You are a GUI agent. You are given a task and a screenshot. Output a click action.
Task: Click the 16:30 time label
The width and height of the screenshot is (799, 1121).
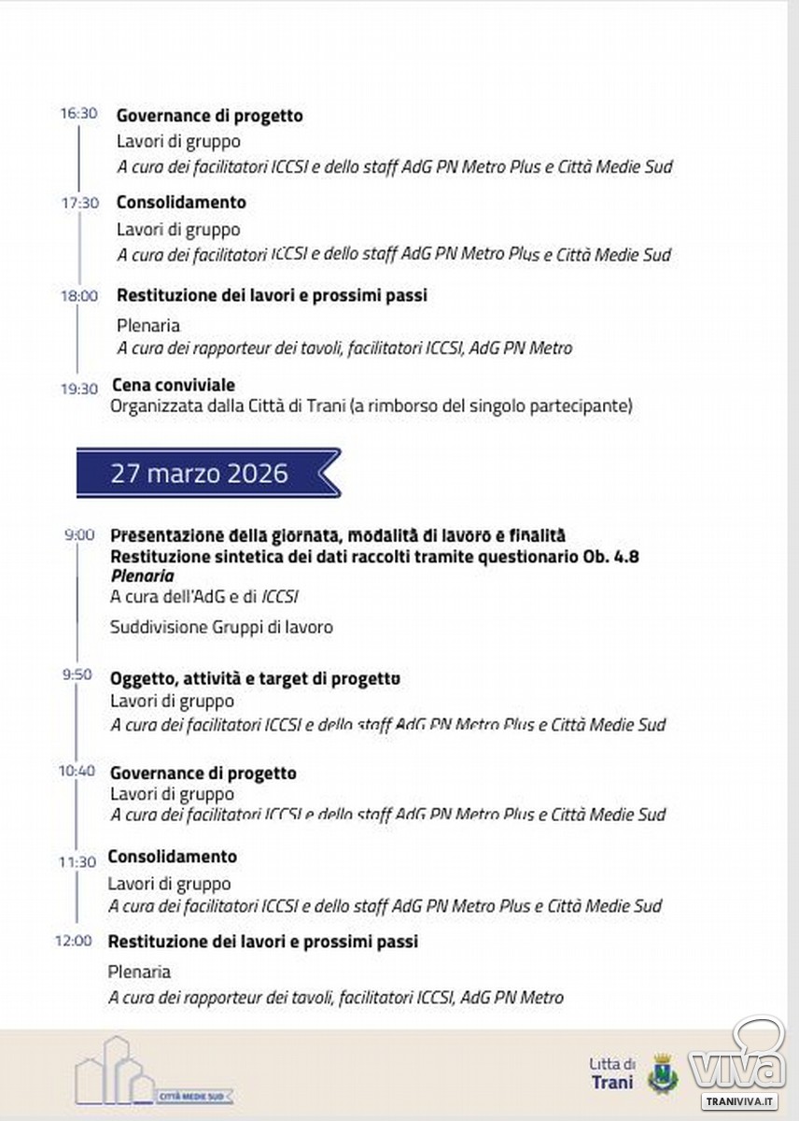78,113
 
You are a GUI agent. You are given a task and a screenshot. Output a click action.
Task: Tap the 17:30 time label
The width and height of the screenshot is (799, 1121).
79,202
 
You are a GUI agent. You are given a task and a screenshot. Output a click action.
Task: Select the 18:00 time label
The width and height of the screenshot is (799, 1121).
78,296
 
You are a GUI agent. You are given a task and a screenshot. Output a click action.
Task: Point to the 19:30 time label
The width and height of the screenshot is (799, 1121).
79,389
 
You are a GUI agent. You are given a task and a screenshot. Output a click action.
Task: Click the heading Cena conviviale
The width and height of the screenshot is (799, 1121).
173,385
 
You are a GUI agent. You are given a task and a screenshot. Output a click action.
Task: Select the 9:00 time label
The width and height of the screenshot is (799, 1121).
79,535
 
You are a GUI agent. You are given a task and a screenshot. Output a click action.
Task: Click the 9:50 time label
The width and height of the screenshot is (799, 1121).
79,674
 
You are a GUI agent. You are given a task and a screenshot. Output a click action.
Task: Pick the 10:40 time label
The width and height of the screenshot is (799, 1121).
77,771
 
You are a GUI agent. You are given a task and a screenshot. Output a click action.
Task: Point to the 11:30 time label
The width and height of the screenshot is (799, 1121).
77,862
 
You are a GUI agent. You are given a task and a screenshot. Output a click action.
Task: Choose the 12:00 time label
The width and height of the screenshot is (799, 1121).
74,941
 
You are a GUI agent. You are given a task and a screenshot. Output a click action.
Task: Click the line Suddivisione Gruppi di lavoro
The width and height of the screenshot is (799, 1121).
221,627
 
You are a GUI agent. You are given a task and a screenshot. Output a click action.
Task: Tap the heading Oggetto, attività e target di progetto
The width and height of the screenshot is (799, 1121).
255,678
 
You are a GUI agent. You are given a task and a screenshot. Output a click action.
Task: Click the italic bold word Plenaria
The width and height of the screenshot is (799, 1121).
142,576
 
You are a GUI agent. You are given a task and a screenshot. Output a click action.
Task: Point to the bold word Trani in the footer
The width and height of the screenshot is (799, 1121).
611,1083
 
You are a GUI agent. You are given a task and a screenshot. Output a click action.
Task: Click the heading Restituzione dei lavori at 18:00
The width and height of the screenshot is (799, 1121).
271,295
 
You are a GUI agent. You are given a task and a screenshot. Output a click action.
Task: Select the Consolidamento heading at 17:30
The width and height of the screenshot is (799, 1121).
181,202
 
